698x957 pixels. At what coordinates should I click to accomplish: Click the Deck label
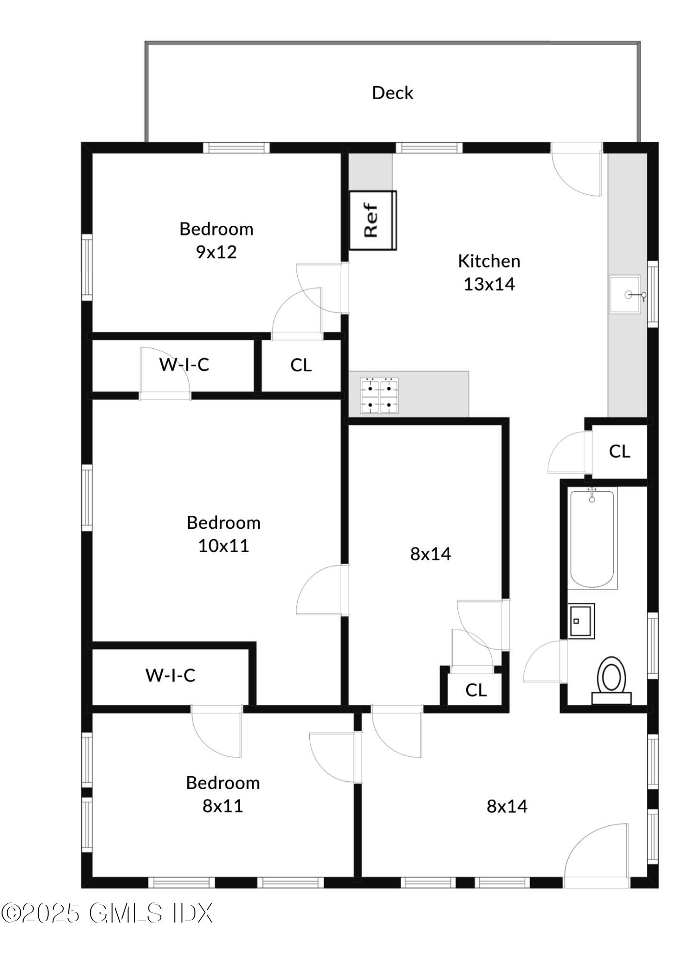coord(392,93)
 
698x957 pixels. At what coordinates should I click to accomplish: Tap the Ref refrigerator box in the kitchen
coord(372,220)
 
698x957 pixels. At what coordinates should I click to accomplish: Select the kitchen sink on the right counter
coord(625,294)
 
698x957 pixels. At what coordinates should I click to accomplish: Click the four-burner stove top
coord(380,396)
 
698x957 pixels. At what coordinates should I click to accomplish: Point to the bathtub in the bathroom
coord(592,538)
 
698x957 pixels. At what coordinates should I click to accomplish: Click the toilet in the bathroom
coord(611,679)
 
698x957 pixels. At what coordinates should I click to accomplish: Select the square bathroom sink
coord(581,621)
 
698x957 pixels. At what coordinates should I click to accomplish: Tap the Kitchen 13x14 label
coord(489,272)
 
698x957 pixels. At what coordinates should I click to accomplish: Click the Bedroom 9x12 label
coord(216,240)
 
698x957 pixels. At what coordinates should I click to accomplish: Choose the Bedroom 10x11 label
coord(224,534)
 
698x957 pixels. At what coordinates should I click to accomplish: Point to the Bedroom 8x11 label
coord(223,794)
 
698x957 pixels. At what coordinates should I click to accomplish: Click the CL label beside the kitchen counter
coord(619,451)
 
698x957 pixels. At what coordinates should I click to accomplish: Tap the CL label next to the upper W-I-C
coord(301,365)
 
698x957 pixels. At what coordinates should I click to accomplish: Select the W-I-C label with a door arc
coord(184,365)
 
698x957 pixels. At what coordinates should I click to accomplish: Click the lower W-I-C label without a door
coord(170,675)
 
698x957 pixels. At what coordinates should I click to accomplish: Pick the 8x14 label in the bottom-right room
coord(507,806)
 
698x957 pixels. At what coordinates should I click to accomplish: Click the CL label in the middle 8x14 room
coord(476,690)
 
